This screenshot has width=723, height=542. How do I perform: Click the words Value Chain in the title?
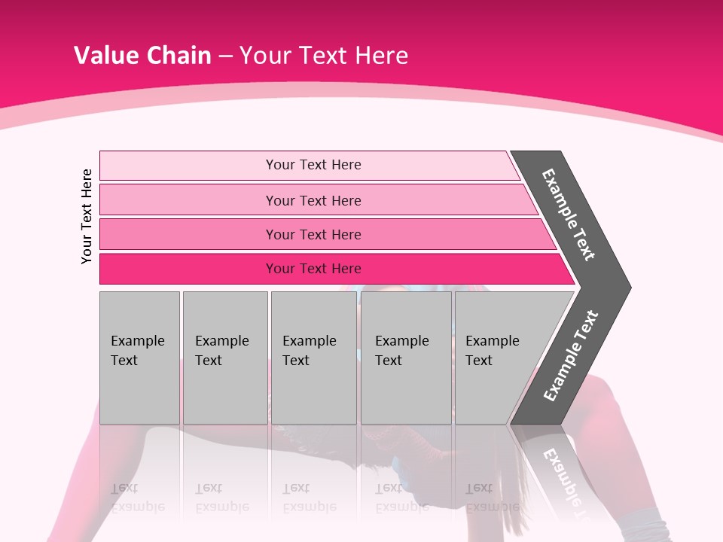click(x=142, y=55)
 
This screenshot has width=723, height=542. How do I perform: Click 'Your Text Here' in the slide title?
click(x=324, y=55)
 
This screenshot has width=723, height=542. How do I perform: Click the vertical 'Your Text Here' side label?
click(x=87, y=216)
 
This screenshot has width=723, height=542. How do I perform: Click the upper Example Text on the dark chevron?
click(x=569, y=215)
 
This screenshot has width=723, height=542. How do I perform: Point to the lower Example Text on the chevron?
click(x=571, y=356)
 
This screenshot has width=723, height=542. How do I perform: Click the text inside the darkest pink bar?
click(x=313, y=269)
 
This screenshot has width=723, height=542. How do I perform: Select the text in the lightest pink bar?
click(x=313, y=165)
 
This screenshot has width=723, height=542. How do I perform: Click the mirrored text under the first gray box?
click(x=138, y=497)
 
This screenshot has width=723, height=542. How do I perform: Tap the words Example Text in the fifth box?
click(x=492, y=350)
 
